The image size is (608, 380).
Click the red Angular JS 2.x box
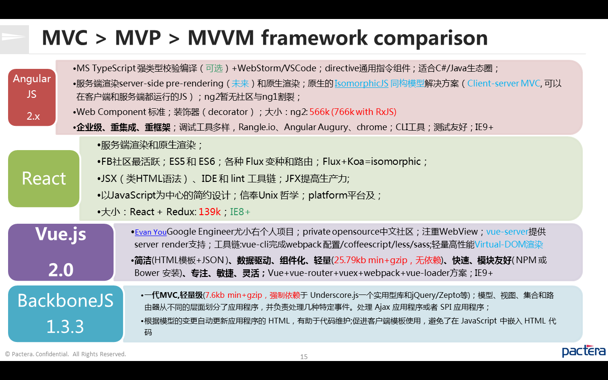pos(32,97)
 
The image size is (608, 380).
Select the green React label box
pos(44,179)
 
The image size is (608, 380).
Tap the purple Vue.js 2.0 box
pos(61,252)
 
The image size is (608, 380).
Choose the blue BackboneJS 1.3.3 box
pos(66,313)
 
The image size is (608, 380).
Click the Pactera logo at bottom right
pos(583,351)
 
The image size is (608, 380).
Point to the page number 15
pos(304,357)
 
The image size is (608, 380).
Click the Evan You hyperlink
pos(151,232)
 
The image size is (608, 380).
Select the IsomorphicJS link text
pos(361,84)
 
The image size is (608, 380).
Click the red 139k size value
pos(209,212)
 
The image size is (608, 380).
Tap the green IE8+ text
pos(240,212)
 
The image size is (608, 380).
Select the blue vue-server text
pos(507,232)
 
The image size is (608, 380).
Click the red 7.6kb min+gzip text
pos(235,295)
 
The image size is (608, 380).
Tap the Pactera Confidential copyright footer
pos(66,354)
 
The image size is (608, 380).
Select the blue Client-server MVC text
pos(503,84)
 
